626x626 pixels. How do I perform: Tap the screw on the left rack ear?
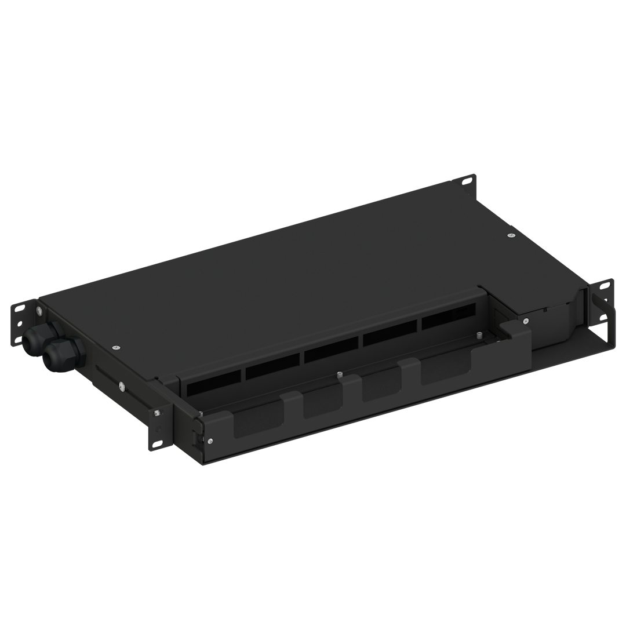coord(38,312)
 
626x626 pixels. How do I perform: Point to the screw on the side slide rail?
coord(121,385)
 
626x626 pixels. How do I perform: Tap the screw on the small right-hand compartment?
coord(525,319)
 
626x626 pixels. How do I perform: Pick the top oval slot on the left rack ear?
coord(21,308)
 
